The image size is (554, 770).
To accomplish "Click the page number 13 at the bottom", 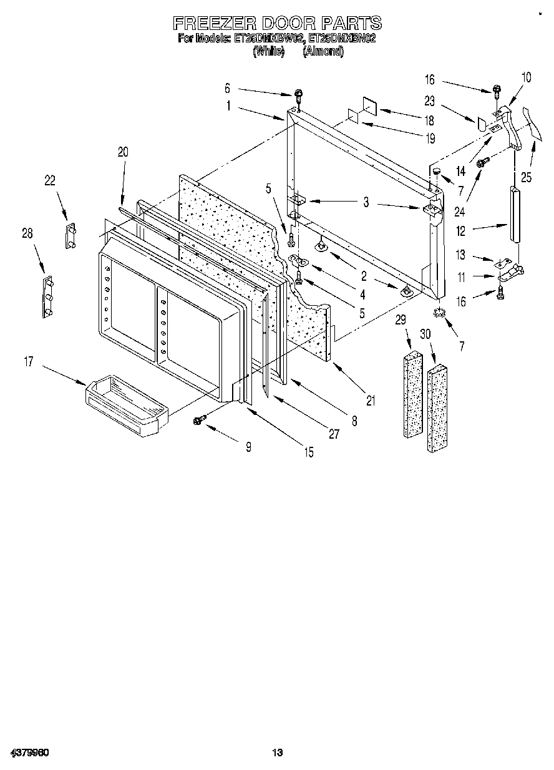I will (x=278, y=753).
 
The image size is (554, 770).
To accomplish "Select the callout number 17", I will (x=29, y=361).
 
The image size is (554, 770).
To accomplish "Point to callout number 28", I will (x=27, y=233).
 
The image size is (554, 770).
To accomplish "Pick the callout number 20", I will (x=122, y=150).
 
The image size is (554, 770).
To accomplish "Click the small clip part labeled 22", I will (x=70, y=235).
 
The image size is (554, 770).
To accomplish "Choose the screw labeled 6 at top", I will (x=299, y=95).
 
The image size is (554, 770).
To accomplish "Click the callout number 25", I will (x=527, y=178).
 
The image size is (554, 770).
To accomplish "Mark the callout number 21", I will (x=371, y=401).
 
